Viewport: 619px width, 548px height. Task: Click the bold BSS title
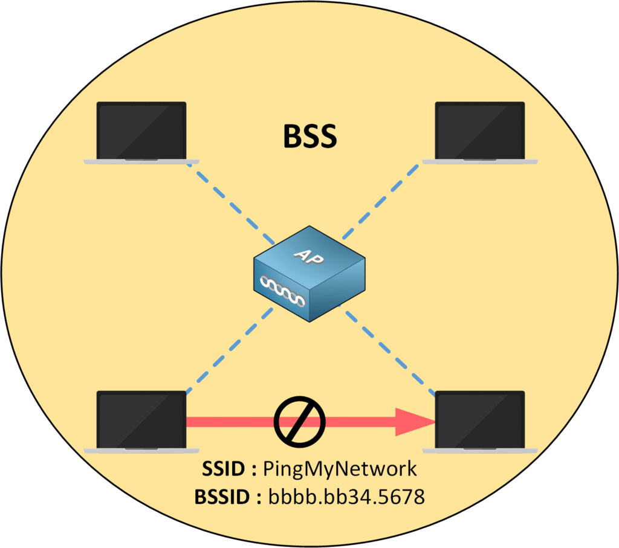310,138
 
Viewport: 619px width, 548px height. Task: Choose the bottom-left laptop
141,421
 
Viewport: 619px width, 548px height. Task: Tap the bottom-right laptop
479,421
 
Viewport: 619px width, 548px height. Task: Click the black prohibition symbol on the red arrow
300,421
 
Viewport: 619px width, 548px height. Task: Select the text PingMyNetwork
340,469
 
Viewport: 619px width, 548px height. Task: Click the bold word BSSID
222,497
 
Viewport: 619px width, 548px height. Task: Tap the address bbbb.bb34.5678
348,497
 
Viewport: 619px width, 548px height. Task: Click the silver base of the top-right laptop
479,161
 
